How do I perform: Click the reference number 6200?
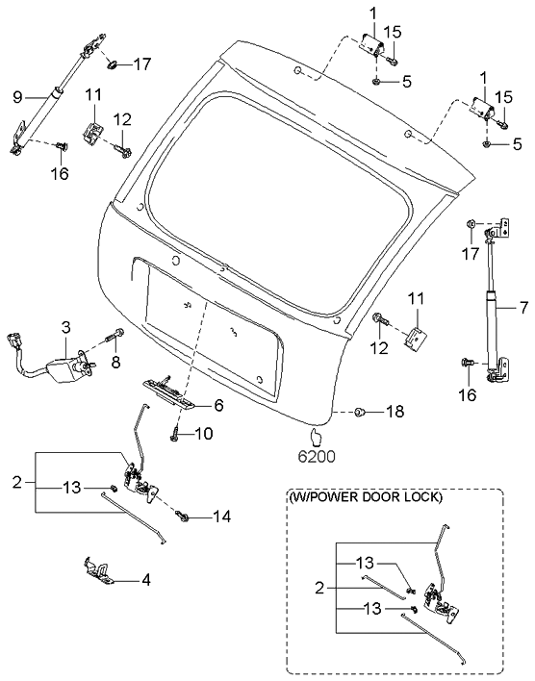point(317,457)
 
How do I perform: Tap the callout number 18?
point(395,412)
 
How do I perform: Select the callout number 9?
point(17,97)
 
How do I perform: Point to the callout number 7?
point(523,308)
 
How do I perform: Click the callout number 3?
point(65,327)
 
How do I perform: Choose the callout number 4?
point(146,579)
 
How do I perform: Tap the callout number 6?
point(218,405)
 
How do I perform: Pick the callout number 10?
point(204,433)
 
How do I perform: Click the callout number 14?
point(221,516)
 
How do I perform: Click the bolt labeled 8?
point(115,336)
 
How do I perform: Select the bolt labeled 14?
point(182,516)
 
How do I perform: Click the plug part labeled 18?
point(360,412)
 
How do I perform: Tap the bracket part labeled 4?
point(98,570)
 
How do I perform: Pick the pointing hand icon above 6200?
point(316,438)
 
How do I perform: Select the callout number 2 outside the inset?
point(17,482)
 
